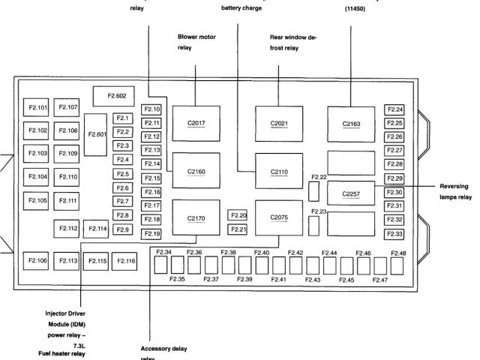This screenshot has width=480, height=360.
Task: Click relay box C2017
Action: [x=195, y=121]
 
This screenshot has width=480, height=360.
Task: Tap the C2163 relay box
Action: [x=351, y=122]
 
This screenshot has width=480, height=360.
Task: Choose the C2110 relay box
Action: [x=278, y=171]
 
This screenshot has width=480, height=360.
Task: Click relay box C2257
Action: [x=351, y=193]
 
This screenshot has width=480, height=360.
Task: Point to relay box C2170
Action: [x=195, y=217]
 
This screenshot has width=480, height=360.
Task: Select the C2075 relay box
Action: [x=278, y=217]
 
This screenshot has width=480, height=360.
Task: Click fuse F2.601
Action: [x=97, y=134]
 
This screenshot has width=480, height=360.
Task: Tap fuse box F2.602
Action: [x=116, y=95]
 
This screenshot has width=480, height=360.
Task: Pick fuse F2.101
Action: [x=37, y=107]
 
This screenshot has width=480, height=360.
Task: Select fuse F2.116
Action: [x=125, y=260]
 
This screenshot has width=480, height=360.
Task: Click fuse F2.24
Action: [x=394, y=109]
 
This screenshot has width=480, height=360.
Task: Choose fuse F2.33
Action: [x=394, y=233]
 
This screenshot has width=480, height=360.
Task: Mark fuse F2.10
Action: [x=151, y=109]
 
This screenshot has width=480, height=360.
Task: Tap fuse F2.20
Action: [x=238, y=215]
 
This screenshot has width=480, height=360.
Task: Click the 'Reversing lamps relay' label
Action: [x=455, y=191]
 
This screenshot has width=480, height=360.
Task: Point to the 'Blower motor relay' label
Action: [x=196, y=42]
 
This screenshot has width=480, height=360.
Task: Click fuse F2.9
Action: [x=123, y=229]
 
